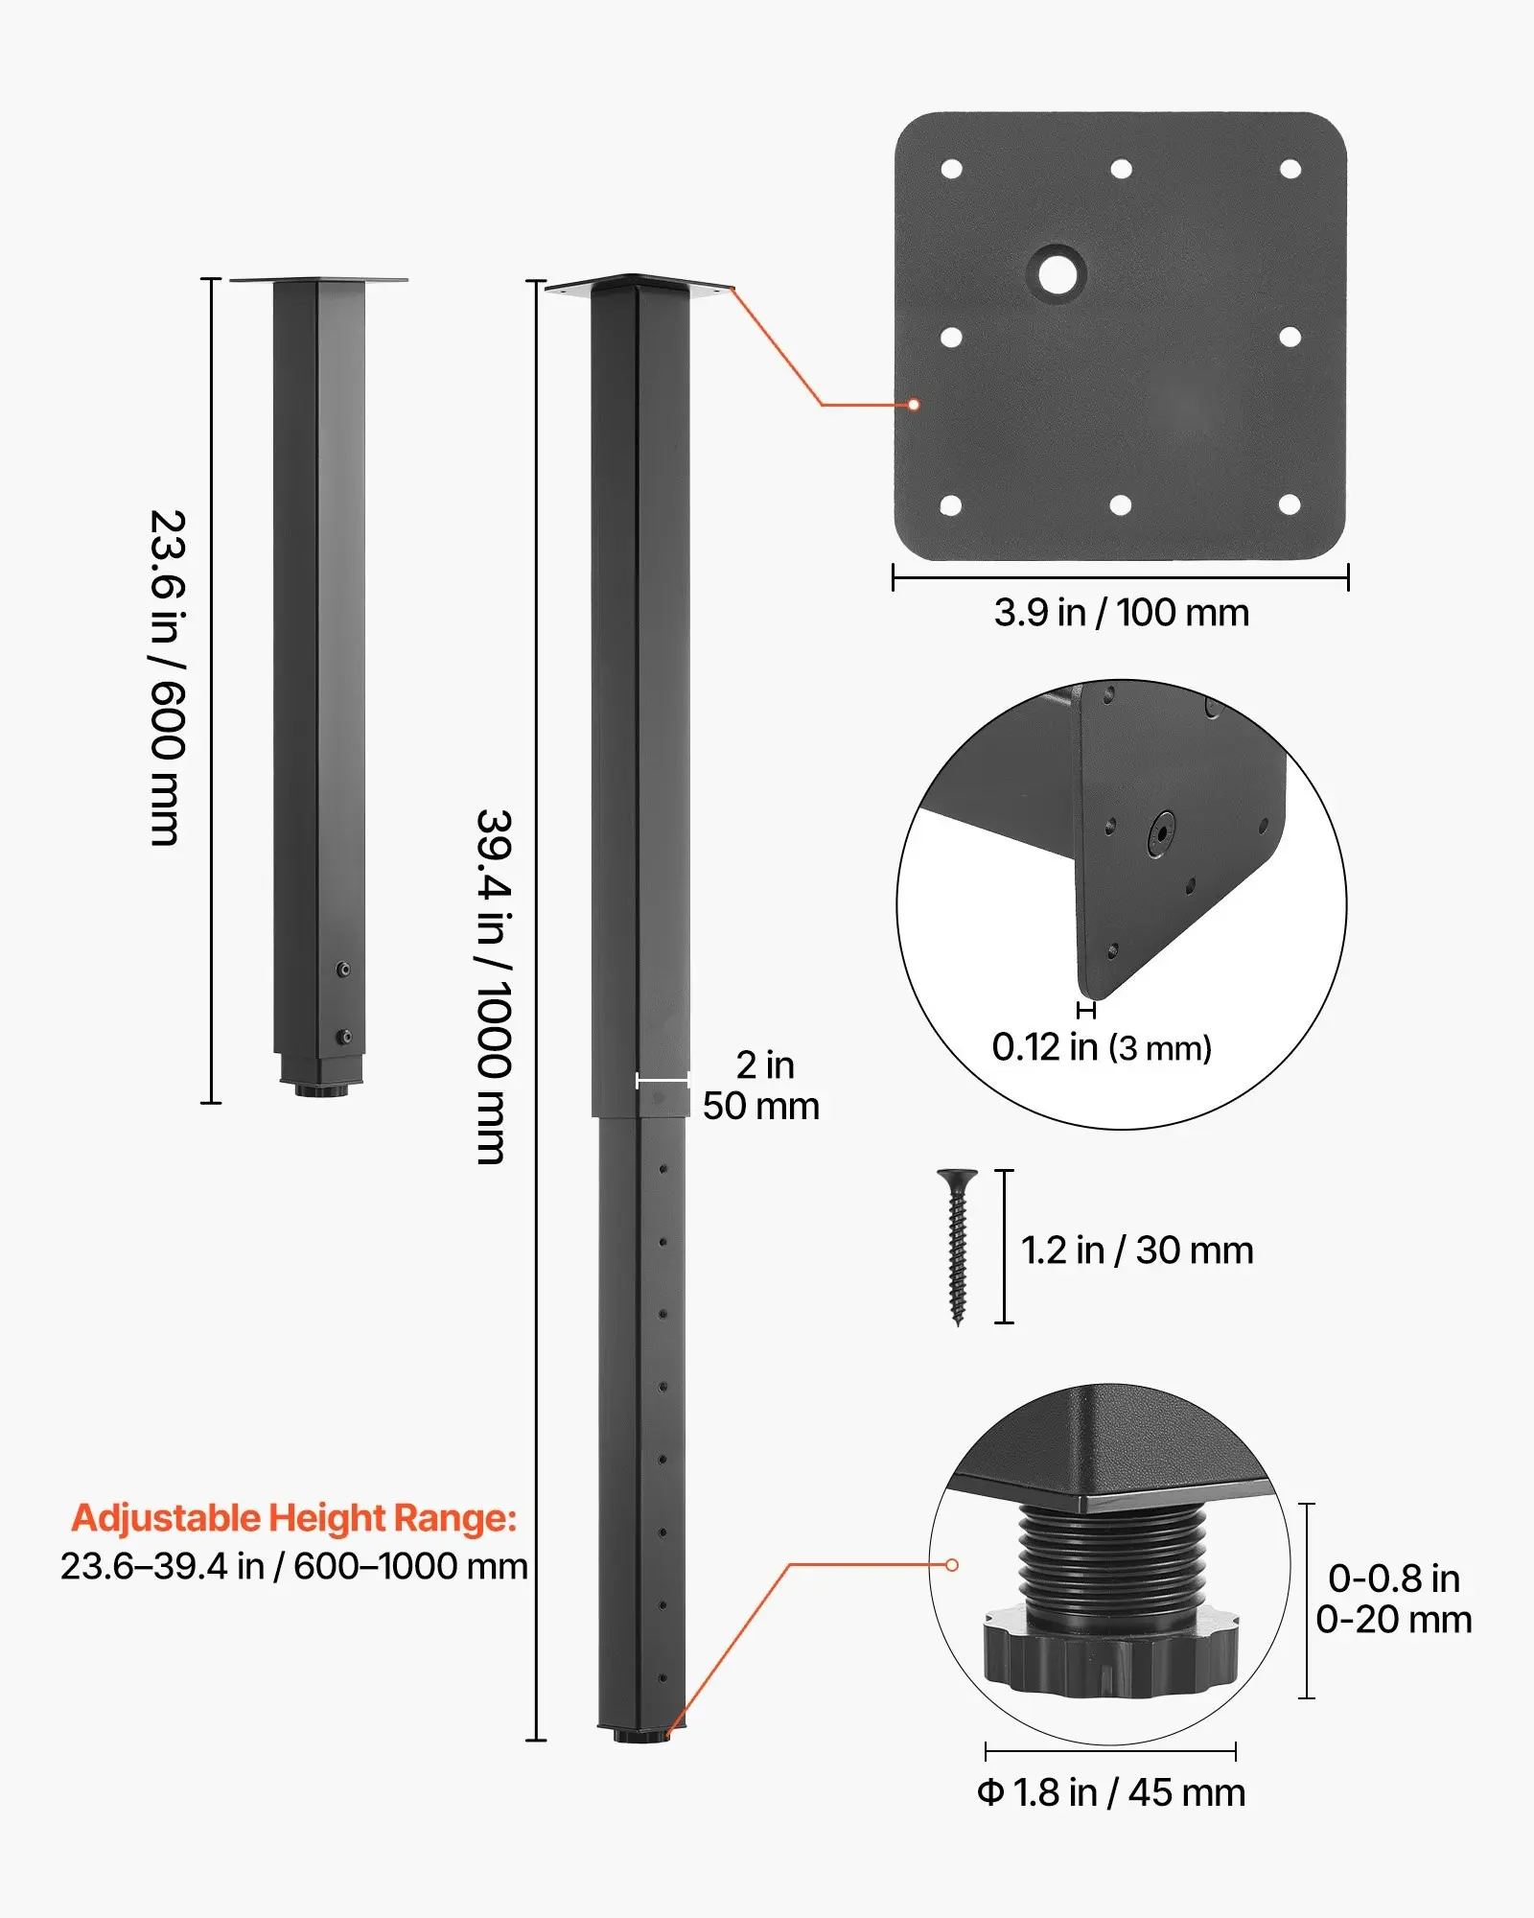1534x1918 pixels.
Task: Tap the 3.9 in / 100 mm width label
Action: point(1121,613)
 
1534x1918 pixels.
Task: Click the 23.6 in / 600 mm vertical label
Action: point(168,678)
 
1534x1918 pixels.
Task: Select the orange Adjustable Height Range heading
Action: point(294,1519)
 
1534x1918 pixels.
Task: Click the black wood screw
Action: point(957,1247)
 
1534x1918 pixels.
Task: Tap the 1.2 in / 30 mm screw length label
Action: point(1137,1251)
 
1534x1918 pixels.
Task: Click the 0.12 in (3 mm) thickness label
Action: point(1102,1047)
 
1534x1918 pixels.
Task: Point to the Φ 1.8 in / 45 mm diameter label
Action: point(1111,1792)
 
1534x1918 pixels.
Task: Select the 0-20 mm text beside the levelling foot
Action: point(1394,1620)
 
